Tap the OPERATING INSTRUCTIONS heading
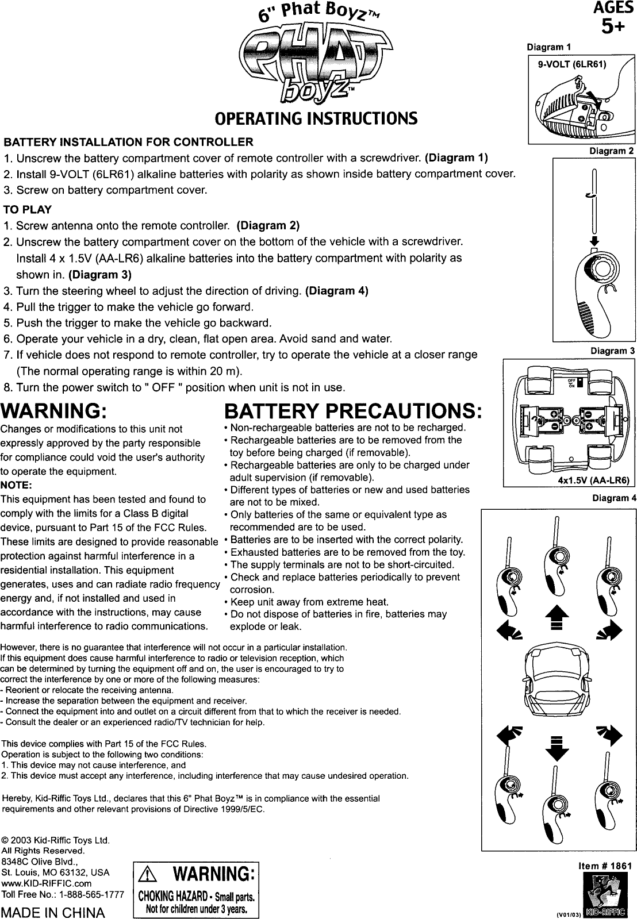click(x=315, y=119)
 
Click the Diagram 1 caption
click(x=549, y=47)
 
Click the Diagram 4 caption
click(x=614, y=498)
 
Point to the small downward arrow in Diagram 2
click(x=596, y=240)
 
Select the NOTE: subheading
click(x=17, y=485)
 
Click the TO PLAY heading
click(x=28, y=209)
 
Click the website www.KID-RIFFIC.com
click(x=47, y=883)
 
